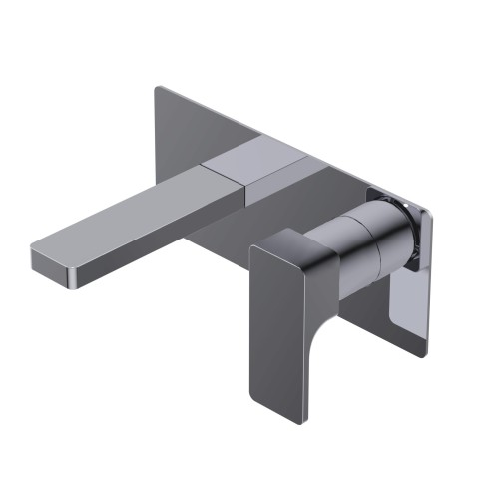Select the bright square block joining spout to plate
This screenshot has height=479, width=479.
(254, 165)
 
